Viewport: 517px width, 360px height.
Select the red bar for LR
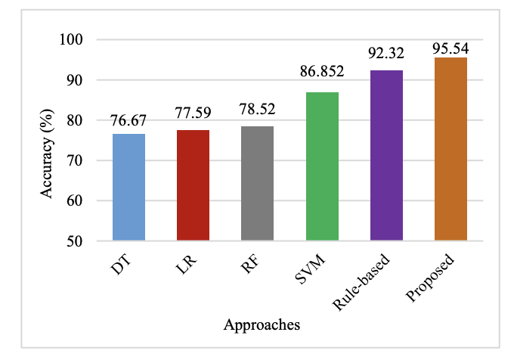[x=193, y=185]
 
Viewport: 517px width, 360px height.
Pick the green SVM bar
[x=322, y=166]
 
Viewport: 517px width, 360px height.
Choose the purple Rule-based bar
[x=386, y=156]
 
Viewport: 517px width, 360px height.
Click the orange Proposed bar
[x=450, y=149]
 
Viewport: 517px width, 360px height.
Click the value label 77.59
[x=193, y=114]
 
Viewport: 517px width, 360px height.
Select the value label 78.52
[x=257, y=110]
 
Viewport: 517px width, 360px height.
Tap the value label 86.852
[x=322, y=76]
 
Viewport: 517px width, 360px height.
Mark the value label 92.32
[x=386, y=54]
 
